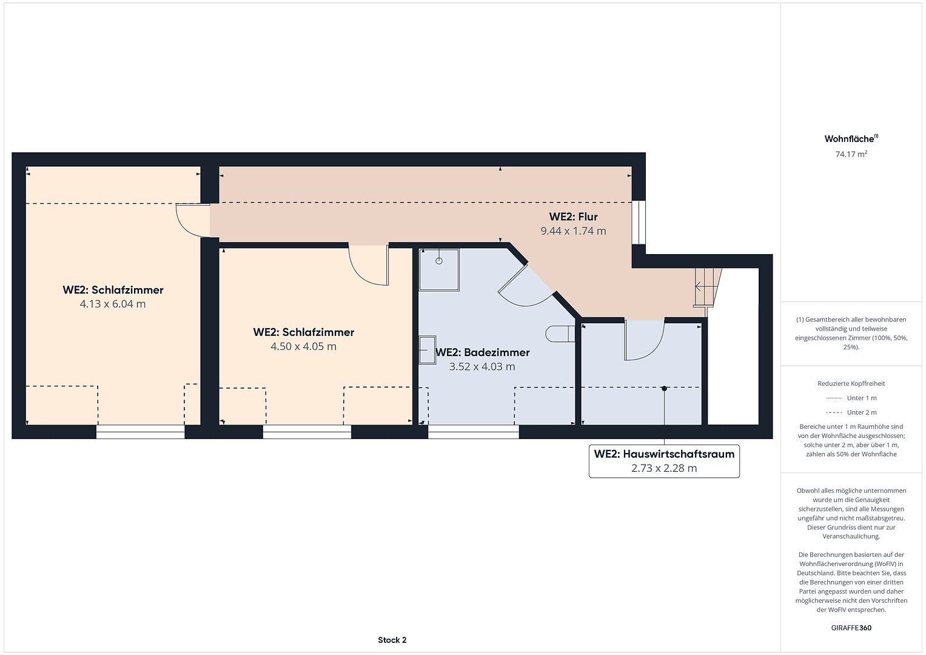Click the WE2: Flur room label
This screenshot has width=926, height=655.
point(573,217)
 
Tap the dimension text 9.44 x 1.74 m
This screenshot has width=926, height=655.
point(573,231)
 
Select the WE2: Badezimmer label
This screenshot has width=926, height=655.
point(483,352)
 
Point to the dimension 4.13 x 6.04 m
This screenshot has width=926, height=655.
point(113,304)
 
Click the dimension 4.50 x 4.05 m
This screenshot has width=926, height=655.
point(303,347)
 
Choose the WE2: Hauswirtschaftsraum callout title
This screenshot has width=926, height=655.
point(664,454)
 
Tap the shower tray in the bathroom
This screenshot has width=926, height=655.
point(439,269)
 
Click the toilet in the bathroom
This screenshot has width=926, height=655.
point(559,334)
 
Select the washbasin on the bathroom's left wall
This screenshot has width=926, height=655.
point(427,350)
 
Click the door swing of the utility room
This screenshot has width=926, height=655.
point(644,341)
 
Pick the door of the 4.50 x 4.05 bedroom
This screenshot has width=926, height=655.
point(369,264)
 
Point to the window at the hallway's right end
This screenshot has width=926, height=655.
point(639,223)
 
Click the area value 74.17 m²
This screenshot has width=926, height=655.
point(851,154)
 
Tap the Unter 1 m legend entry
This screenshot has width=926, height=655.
point(851,398)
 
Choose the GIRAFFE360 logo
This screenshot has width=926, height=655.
point(851,628)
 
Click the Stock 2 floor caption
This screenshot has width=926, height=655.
point(392,640)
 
